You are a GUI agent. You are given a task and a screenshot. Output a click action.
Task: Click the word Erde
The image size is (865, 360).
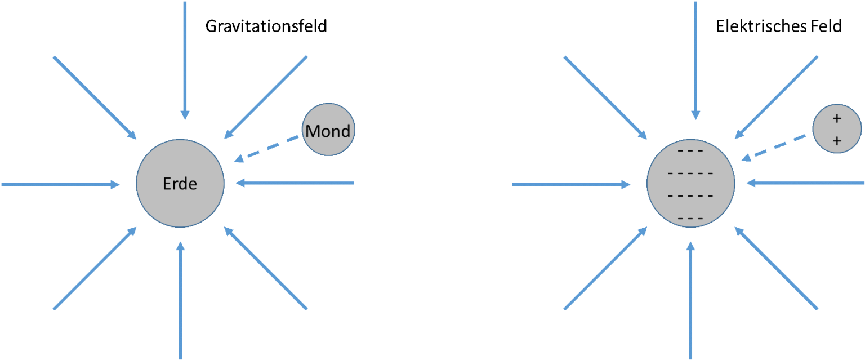point(180,184)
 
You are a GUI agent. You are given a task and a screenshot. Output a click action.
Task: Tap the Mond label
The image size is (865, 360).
point(328,131)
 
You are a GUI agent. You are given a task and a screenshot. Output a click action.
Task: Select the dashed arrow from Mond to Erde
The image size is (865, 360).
point(267,149)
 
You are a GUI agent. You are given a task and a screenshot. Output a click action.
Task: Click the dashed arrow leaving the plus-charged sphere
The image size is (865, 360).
point(775,148)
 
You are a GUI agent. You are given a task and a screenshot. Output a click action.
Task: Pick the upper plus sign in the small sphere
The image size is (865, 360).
point(837,118)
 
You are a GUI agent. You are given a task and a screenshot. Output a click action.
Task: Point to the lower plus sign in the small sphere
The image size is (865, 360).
point(837,141)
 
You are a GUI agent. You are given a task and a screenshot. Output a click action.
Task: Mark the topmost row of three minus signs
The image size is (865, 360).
point(690,151)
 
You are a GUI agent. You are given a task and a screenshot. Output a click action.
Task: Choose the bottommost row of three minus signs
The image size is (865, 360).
point(690,218)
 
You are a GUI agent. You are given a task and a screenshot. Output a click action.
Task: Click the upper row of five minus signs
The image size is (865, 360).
point(690,173)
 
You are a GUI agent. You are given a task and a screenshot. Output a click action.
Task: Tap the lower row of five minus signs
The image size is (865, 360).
point(690,196)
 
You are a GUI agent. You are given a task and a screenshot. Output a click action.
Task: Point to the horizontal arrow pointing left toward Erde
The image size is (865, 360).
point(296,183)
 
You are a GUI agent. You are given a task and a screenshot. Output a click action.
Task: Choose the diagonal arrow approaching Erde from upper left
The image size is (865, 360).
point(95,97)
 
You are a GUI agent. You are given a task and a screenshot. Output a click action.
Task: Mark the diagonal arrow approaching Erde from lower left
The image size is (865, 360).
point(95,268)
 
